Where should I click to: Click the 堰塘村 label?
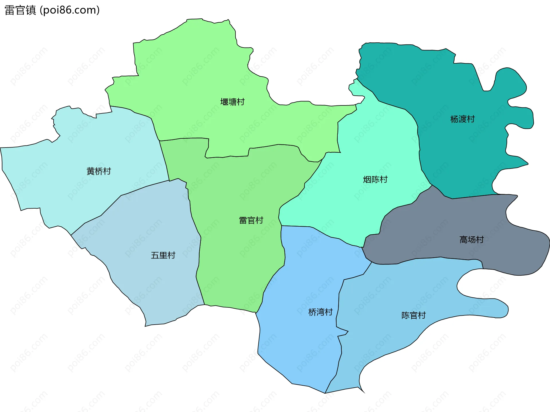232,102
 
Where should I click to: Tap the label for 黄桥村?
99,171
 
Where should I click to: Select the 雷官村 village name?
251,220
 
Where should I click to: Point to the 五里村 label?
163,255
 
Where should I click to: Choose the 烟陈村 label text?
375,180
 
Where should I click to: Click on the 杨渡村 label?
462,119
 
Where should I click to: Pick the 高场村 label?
472,240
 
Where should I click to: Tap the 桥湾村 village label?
320,312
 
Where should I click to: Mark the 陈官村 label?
413,315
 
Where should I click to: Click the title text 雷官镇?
20,10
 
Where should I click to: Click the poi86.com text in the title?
70,10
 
